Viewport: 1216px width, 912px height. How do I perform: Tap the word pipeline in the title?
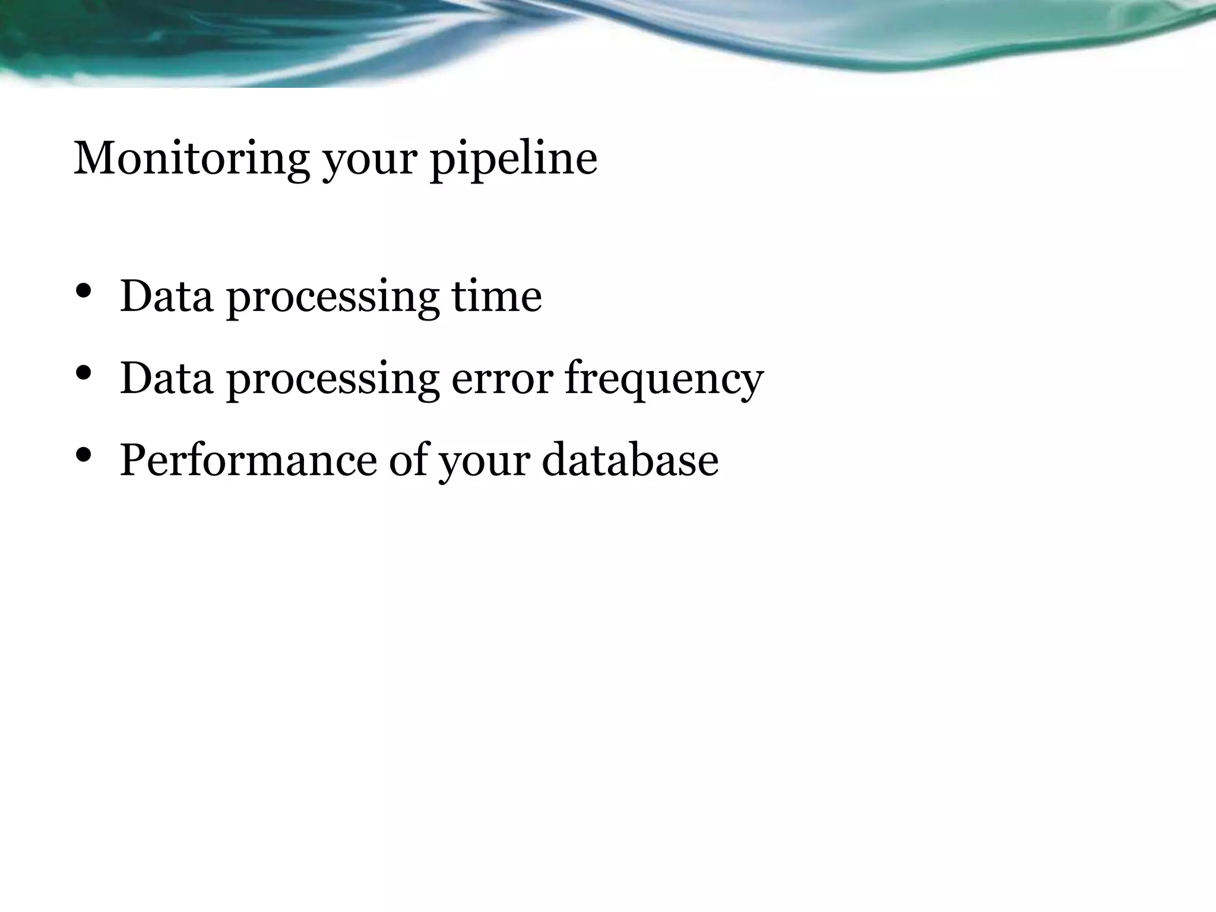[514, 159]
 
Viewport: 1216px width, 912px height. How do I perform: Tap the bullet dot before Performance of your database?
[84, 455]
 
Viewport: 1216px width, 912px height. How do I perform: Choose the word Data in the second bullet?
[166, 378]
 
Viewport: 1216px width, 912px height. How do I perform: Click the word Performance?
[248, 460]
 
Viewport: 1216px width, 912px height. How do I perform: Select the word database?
[630, 460]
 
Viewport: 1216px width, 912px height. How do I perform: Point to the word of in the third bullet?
[410, 460]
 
